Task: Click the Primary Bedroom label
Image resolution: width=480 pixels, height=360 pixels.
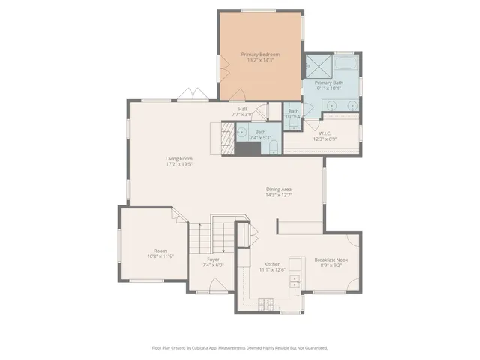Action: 260,55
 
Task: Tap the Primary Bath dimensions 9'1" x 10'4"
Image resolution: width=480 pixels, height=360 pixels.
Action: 328,88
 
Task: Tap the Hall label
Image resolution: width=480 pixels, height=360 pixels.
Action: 243,109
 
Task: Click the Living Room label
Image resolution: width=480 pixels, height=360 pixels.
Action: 179,158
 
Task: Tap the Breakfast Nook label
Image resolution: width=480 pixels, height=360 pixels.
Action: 331,259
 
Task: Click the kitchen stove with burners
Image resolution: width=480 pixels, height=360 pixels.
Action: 266,303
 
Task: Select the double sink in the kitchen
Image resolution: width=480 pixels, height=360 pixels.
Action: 295,282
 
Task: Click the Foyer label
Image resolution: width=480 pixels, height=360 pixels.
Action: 213,259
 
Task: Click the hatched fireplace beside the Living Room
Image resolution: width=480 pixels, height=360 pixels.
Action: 225,138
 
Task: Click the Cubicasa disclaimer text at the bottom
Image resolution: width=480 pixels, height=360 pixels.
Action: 239,348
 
